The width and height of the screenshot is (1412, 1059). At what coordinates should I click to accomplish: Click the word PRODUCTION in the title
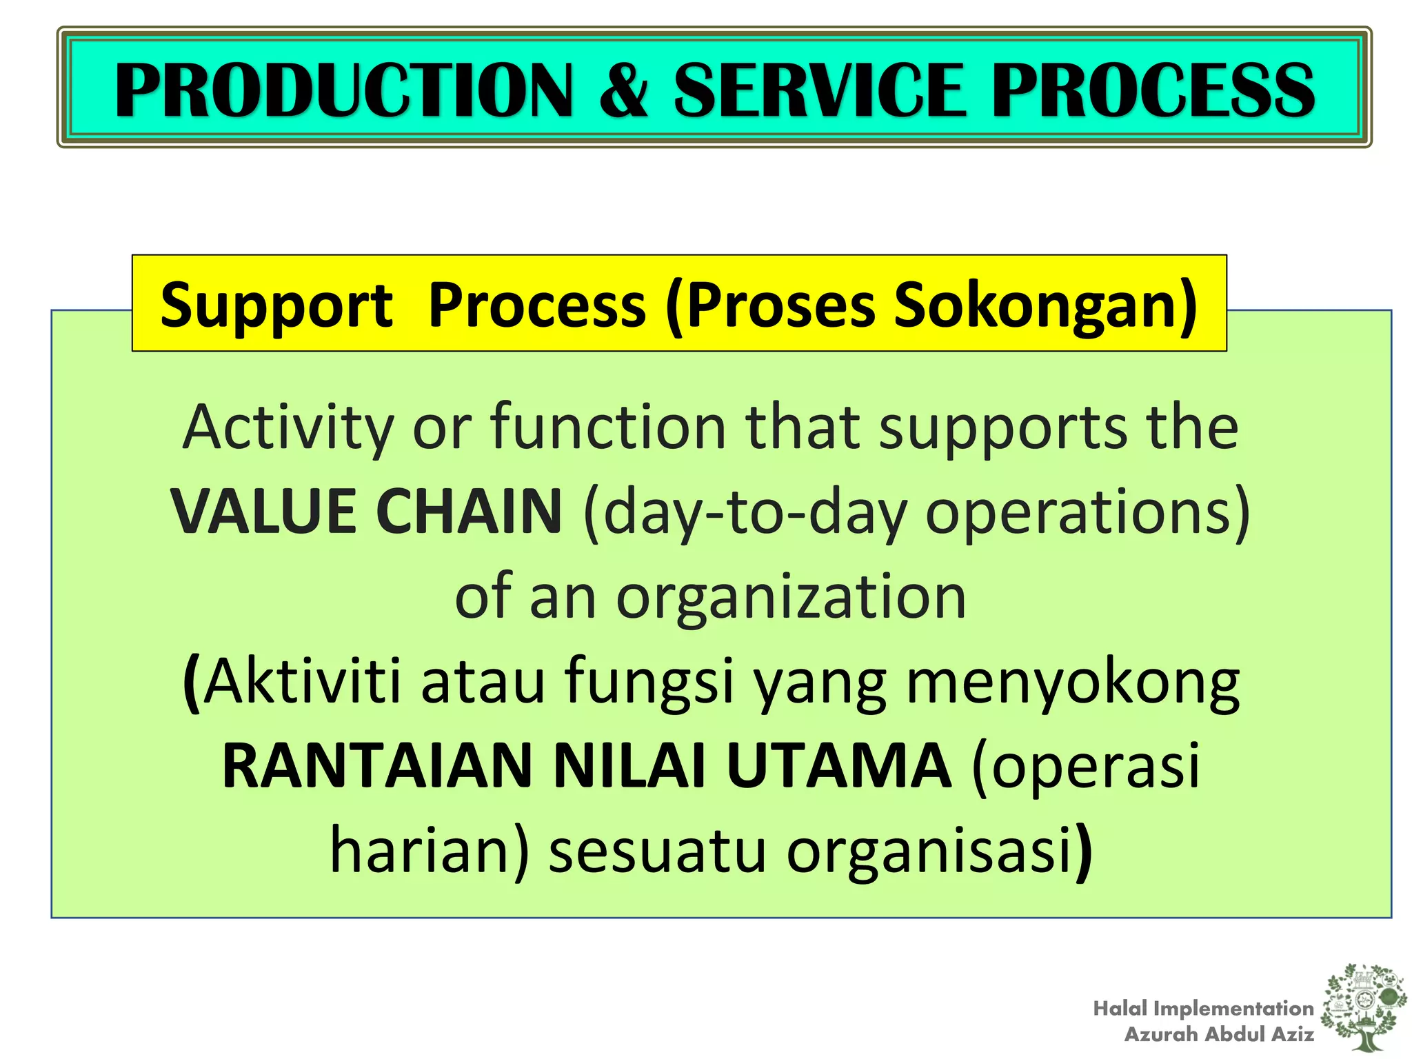pos(343,90)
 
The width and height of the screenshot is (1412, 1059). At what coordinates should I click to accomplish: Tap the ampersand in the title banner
pos(623,90)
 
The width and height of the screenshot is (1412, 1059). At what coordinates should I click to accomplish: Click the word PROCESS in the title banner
pos(1153,90)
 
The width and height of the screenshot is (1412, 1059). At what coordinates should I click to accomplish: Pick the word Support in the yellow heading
pos(276,305)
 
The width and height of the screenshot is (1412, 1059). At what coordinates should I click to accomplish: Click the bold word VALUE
pos(264,512)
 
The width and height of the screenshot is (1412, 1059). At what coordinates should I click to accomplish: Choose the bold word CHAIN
pos(469,512)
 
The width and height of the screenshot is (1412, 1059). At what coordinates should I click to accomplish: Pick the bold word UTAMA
pos(838,767)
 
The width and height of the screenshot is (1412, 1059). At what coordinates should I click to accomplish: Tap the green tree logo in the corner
pos(1364,1006)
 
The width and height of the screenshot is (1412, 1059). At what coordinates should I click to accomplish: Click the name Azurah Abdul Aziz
pos(1219,1034)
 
